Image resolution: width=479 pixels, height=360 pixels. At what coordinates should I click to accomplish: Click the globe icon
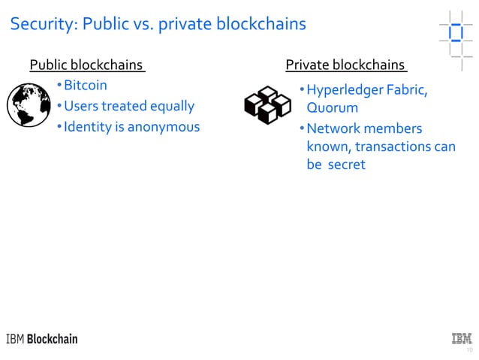click(28, 105)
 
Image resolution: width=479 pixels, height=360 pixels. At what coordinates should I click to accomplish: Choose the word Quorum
click(332, 109)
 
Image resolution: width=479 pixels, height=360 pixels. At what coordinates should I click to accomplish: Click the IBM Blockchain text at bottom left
click(42, 339)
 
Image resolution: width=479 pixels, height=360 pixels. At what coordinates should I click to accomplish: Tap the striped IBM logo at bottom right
click(461, 338)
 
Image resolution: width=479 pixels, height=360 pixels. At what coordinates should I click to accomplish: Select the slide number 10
click(469, 350)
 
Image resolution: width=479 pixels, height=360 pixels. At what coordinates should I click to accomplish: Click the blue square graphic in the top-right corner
click(455, 34)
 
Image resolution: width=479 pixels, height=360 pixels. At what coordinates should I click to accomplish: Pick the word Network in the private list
click(333, 129)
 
